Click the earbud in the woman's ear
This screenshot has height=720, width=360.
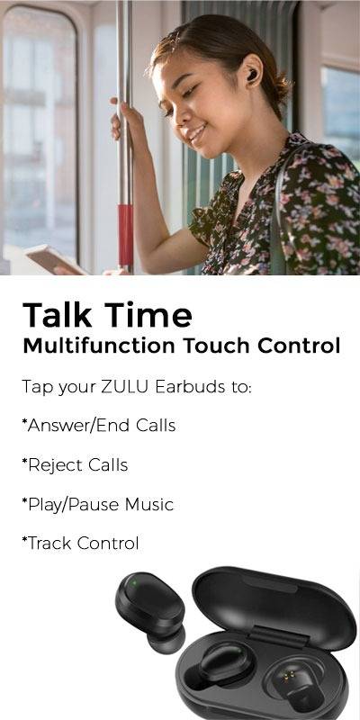(253, 76)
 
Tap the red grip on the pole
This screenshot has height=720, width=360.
(125, 234)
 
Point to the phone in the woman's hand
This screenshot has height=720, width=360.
(53, 260)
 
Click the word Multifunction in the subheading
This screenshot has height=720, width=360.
(99, 346)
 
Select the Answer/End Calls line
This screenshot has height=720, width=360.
(99, 426)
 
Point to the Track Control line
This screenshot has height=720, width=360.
(80, 544)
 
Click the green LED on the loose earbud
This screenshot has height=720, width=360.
(133, 583)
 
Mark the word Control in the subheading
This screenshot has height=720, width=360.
(299, 346)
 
